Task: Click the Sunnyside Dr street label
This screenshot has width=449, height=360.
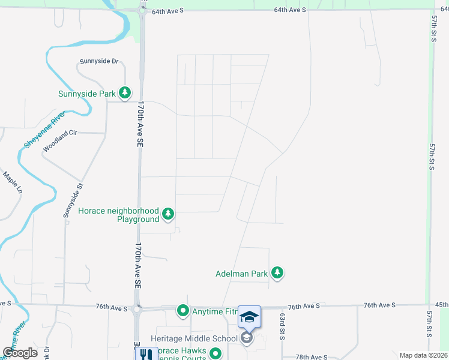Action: pyautogui.click(x=100, y=62)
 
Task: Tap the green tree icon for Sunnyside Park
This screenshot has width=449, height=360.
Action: pyautogui.click(x=125, y=93)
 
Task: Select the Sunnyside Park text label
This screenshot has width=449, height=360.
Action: pyautogui.click(x=86, y=94)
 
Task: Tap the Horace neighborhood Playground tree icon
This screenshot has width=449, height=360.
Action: pyautogui.click(x=169, y=214)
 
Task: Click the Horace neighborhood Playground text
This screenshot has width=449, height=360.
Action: pyautogui.click(x=119, y=215)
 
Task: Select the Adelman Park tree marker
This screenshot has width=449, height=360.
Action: pyautogui.click(x=277, y=274)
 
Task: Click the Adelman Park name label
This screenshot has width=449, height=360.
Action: pyautogui.click(x=241, y=274)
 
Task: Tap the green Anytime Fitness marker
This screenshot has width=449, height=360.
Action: pyautogui.click(x=182, y=311)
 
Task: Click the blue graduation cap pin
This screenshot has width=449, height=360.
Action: pyautogui.click(x=250, y=317)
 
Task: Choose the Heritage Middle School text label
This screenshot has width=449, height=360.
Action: pyautogui.click(x=194, y=338)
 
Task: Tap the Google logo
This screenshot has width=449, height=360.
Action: pyautogui.click(x=20, y=353)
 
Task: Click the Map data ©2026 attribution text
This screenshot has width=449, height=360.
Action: pyautogui.click(x=423, y=356)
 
